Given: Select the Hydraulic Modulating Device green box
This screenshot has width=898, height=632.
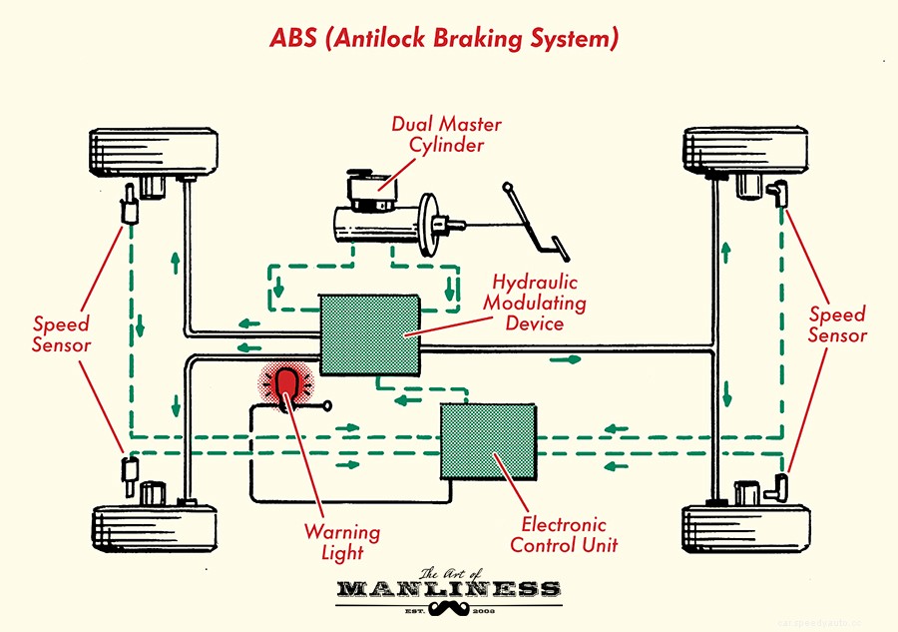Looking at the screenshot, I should (369, 334).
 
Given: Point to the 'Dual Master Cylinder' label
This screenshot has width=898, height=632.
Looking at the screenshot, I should (446, 135).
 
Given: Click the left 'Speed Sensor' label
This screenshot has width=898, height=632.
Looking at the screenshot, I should (61, 334).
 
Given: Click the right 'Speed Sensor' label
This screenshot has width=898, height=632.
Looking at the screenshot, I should (837, 324).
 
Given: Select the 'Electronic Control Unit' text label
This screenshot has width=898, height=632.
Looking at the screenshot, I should (564, 534).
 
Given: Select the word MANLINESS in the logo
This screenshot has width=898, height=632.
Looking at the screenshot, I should (448, 587).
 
